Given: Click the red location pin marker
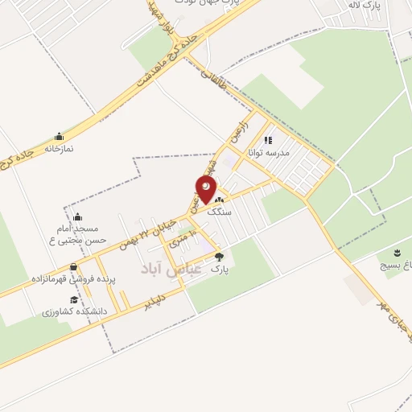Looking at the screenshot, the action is tap(206, 190).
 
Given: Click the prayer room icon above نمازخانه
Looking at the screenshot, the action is tap(58, 136).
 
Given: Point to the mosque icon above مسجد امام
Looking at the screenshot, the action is tap(77, 216).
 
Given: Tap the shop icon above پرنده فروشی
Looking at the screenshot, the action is tap(74, 267).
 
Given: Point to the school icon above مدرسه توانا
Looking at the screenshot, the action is tap(269, 139).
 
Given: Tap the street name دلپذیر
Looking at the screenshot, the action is tap(158, 301).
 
